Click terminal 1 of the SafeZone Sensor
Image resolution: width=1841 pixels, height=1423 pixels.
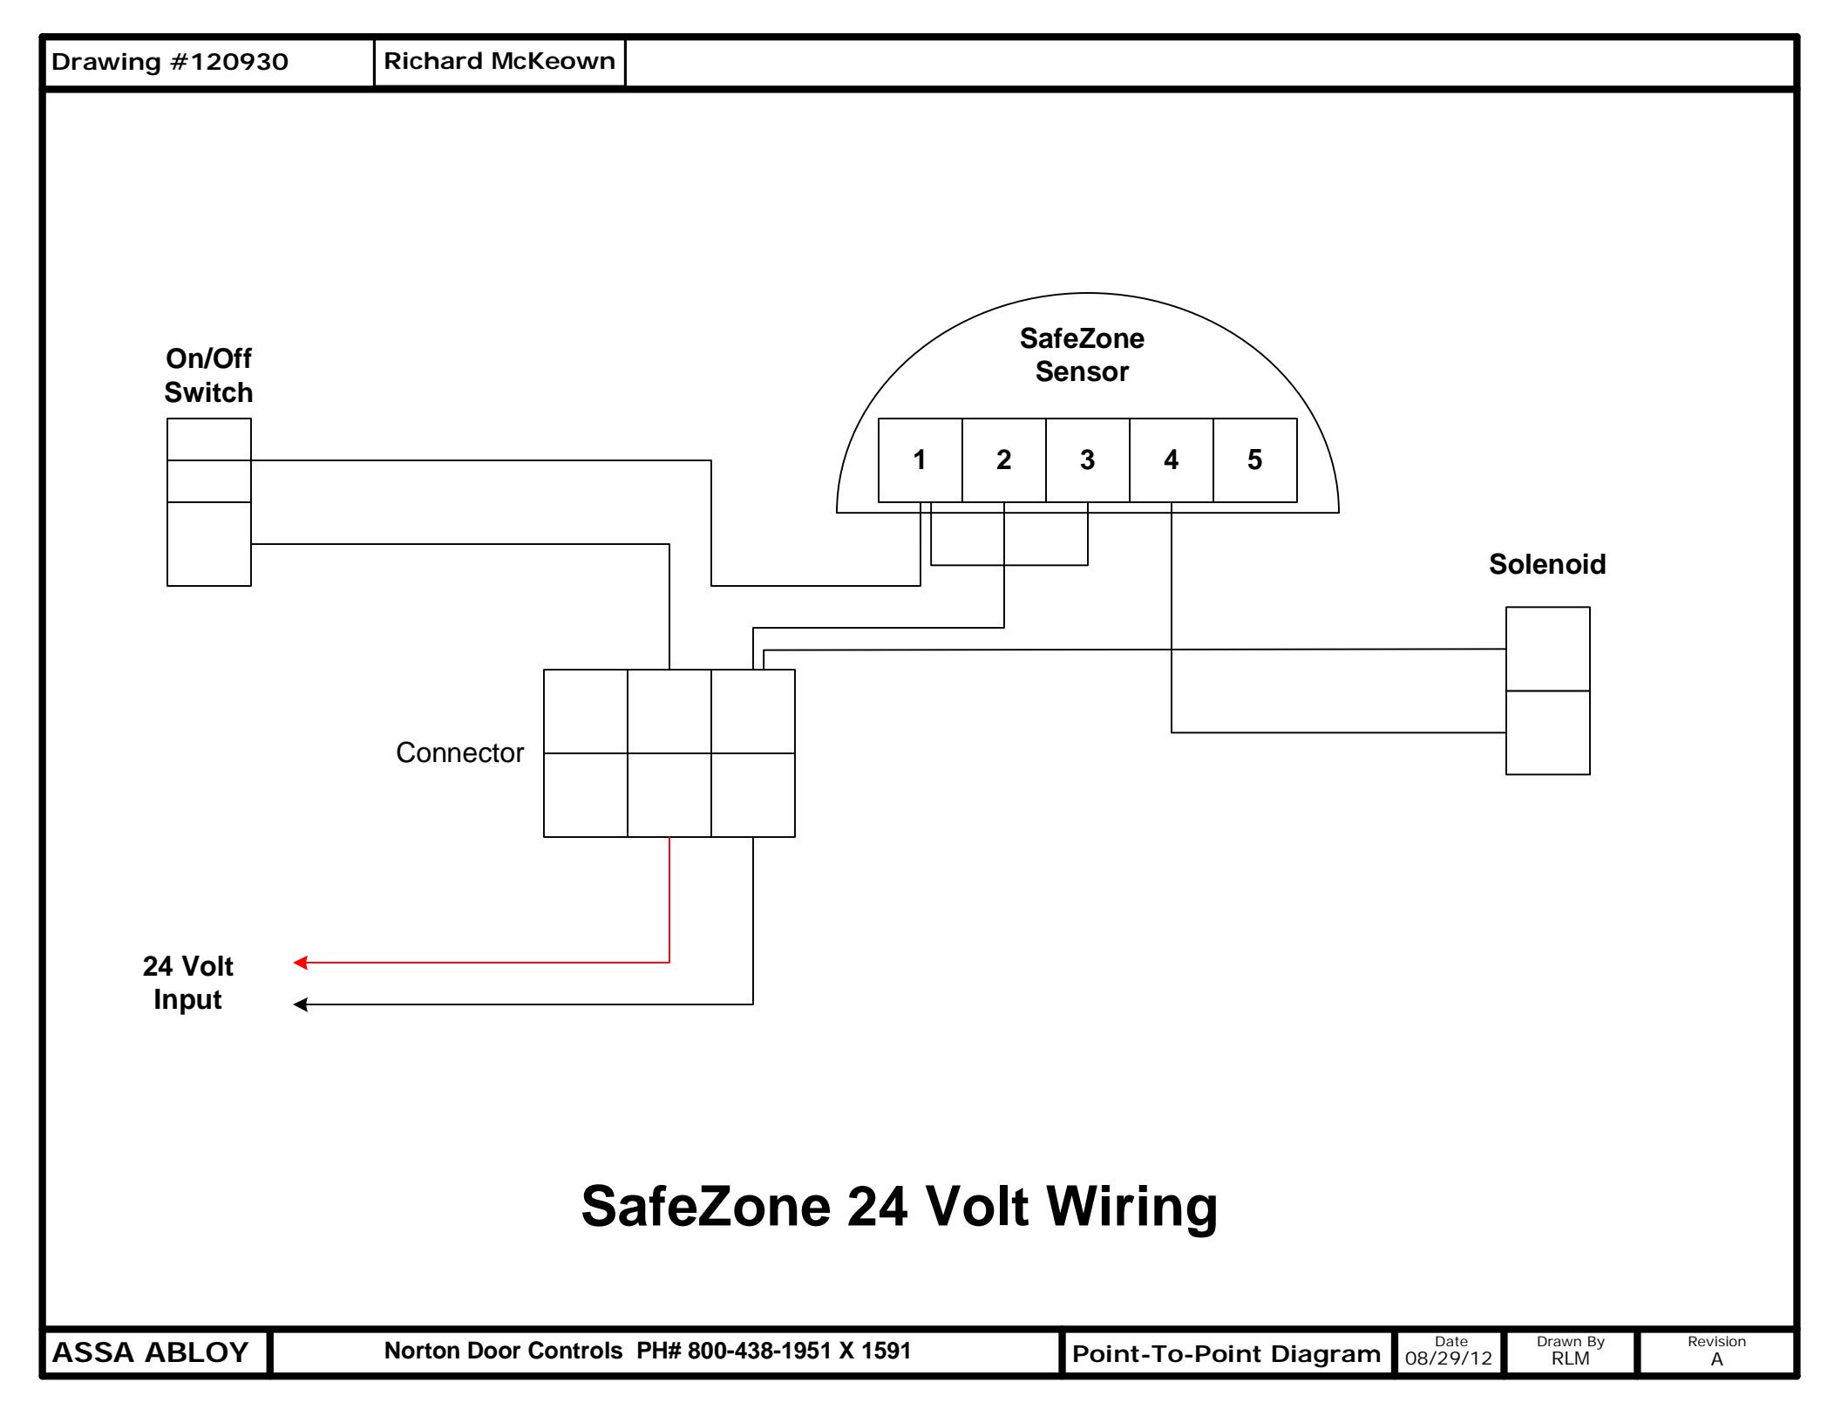coord(920,460)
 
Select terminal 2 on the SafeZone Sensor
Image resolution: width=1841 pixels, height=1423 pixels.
coord(1004,460)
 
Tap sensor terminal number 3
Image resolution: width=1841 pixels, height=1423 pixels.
coord(1088,460)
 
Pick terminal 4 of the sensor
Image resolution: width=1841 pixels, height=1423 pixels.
coord(1172,460)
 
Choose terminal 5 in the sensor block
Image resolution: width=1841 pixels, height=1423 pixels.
coord(1255,460)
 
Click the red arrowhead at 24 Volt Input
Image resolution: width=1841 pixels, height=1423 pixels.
coord(301,963)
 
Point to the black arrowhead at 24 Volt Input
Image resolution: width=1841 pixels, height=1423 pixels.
coord(301,1004)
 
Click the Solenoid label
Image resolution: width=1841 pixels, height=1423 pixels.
coord(1547,564)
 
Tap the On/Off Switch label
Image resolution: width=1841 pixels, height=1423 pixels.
coord(208,375)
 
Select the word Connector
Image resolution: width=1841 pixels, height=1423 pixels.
coord(460,752)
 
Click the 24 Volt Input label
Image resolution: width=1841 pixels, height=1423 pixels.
coord(187,983)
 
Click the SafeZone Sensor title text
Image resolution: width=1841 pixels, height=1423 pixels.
coord(1082,355)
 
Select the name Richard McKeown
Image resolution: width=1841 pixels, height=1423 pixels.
coord(499,61)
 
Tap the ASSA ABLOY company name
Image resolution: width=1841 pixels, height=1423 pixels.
coord(151,1352)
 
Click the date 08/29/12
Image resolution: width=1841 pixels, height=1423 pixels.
coord(1449,1358)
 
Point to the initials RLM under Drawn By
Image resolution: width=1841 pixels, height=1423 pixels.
coord(1571,1358)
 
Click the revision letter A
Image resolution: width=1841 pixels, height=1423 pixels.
coord(1717,1358)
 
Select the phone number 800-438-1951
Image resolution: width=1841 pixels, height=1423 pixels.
coord(759,1351)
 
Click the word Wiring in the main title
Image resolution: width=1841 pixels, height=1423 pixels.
coord(1131,1206)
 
